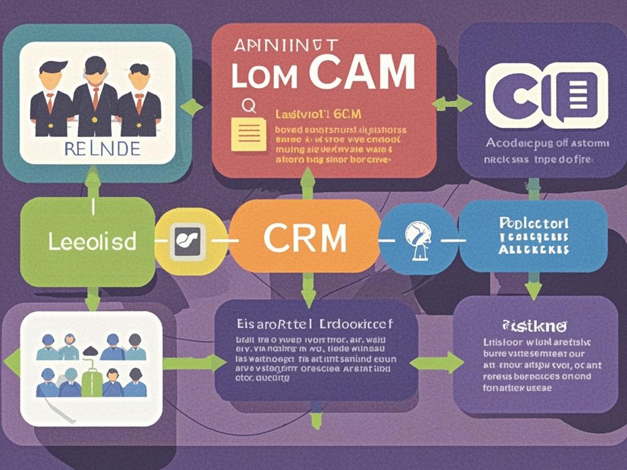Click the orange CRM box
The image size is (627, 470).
coord(304,236)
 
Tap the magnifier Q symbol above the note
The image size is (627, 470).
coord(247,106)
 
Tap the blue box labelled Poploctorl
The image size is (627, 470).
coord(533,236)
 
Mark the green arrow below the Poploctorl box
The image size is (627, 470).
coord(533,286)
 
